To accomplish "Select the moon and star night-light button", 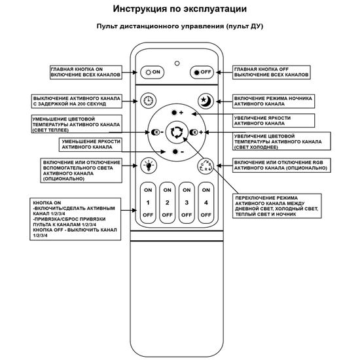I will click(x=205, y=101).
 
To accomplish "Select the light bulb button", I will click(x=149, y=165).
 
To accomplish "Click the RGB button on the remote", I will click(x=205, y=165).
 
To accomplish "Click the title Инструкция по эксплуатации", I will click(x=179, y=9).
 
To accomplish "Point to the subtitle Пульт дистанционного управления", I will click(x=179, y=27).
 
